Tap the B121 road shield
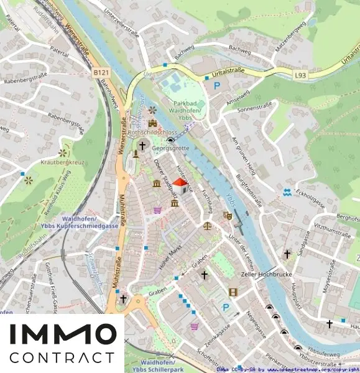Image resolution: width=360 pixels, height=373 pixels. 101,73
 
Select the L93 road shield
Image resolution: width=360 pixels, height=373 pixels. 301,75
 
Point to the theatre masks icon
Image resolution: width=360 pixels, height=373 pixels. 228,215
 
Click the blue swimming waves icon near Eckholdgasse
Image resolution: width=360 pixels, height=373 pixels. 287,193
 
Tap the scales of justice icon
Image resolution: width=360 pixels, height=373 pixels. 207,226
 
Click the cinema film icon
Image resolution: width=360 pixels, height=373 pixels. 233,292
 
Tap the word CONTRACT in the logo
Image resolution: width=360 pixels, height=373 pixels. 62,358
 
